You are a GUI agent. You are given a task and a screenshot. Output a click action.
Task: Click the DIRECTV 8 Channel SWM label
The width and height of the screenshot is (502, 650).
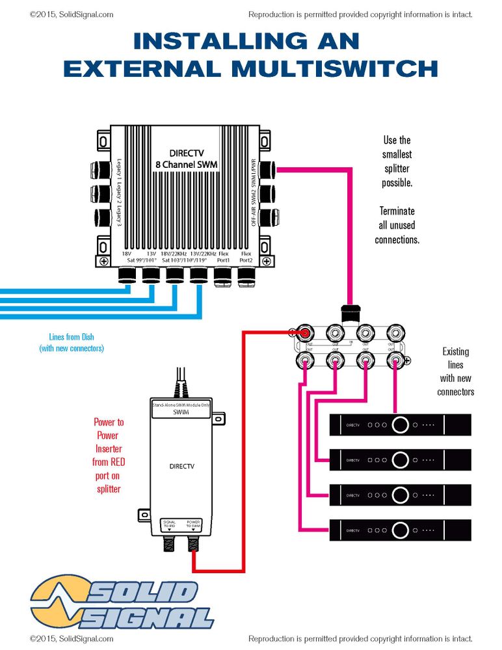point(185,159)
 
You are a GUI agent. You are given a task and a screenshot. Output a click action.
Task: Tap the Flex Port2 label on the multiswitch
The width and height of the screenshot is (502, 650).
point(246,258)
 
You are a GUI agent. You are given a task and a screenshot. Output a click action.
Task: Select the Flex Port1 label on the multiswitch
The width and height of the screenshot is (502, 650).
point(223,258)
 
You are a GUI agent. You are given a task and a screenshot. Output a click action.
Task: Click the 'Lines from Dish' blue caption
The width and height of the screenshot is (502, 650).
point(72,342)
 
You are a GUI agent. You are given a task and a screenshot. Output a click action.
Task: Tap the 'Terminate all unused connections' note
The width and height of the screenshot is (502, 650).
point(397,225)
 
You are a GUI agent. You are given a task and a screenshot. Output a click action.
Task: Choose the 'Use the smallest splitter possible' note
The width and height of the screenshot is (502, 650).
point(397,161)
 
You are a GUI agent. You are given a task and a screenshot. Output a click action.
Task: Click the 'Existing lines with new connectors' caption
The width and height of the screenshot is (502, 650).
point(455,372)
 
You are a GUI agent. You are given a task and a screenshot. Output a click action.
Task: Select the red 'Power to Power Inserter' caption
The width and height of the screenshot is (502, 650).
point(109,455)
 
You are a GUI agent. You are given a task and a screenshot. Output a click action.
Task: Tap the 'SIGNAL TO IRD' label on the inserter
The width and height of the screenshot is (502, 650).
point(168,524)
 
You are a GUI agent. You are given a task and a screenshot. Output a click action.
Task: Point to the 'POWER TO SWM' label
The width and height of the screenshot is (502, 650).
point(194,524)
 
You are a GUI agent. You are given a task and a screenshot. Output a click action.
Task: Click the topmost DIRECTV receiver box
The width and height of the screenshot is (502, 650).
point(400,426)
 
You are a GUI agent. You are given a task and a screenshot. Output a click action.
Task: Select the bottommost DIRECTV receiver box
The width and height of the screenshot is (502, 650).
point(400,530)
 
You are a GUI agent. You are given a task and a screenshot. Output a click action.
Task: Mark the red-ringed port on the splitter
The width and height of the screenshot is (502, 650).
point(303,334)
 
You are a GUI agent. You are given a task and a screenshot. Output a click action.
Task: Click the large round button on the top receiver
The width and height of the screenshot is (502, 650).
point(401,426)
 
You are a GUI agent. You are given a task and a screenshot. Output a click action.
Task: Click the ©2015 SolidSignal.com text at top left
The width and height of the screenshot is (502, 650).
point(72,14)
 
